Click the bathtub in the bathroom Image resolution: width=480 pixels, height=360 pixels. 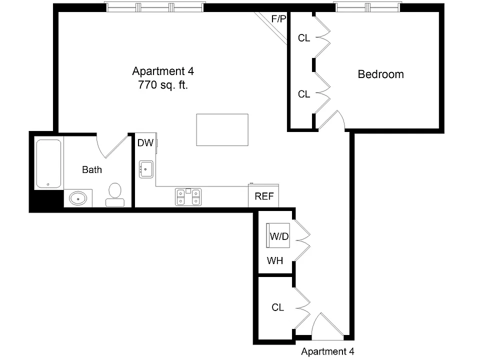(x=48, y=163)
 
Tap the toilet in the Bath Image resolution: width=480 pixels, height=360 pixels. (x=115, y=194)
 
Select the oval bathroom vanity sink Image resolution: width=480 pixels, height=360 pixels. (x=78, y=198)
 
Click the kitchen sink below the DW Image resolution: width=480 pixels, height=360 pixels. (x=146, y=169)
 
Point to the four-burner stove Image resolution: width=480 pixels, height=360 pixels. (x=188, y=197)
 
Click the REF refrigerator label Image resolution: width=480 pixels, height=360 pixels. (x=264, y=196)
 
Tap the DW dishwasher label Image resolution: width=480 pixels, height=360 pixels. (x=145, y=142)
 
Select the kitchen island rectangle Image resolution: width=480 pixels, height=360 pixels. (x=222, y=130)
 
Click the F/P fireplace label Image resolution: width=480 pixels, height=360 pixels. (x=278, y=19)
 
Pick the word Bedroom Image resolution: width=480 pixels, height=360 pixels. (x=381, y=74)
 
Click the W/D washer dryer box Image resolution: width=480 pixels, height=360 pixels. (x=278, y=235)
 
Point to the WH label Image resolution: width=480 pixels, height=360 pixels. (x=275, y=261)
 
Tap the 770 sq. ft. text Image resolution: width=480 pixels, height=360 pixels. (x=163, y=85)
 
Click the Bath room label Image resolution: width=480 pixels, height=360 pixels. (x=92, y=169)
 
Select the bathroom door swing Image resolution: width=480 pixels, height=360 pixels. (x=112, y=146)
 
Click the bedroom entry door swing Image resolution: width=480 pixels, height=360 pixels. (x=331, y=120)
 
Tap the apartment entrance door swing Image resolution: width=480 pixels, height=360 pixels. (x=327, y=325)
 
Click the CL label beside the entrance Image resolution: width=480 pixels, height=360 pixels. (x=278, y=307)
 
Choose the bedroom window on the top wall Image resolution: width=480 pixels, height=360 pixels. (x=367, y=7)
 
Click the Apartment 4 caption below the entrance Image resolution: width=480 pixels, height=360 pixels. (x=327, y=351)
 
